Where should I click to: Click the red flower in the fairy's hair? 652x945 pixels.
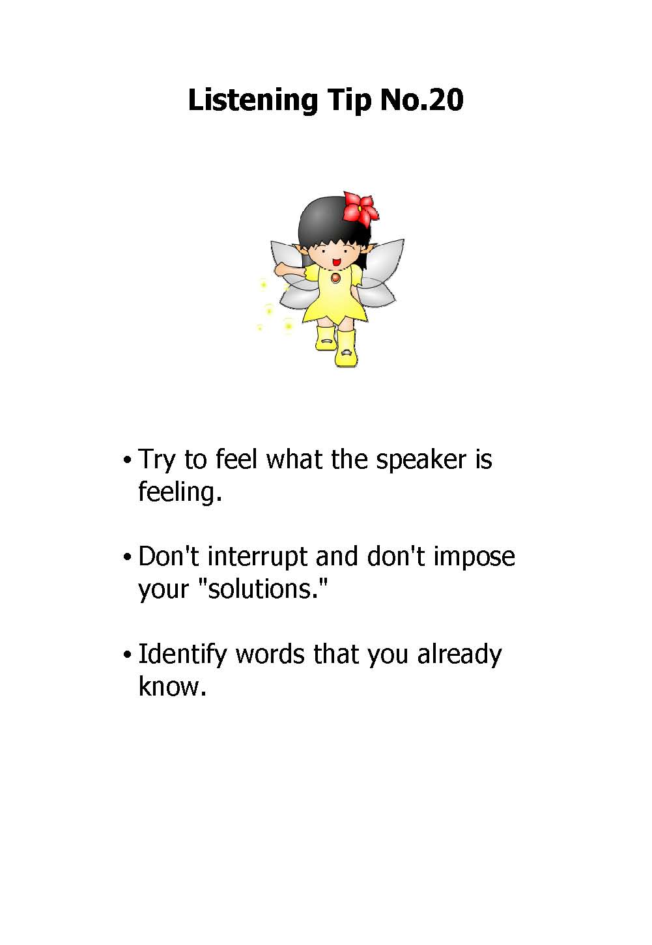pyautogui.click(x=360, y=207)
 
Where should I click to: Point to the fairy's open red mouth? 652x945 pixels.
pyautogui.click(x=337, y=262)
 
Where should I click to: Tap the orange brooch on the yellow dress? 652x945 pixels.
pyautogui.click(x=335, y=277)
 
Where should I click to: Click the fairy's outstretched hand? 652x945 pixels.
pyautogui.click(x=280, y=269)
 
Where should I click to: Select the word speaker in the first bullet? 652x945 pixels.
pyautogui.click(x=421, y=460)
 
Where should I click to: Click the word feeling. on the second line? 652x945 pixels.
pyautogui.click(x=180, y=492)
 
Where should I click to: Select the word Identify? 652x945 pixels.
pyautogui.click(x=182, y=656)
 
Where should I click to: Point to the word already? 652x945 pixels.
pyautogui.click(x=459, y=656)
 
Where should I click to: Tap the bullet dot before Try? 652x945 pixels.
pyautogui.click(x=126, y=460)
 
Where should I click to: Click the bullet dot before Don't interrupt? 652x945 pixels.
pyautogui.click(x=126, y=557)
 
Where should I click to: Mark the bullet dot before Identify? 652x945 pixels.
pyautogui.click(x=126, y=655)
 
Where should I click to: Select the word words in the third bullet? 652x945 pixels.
pyautogui.click(x=270, y=655)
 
